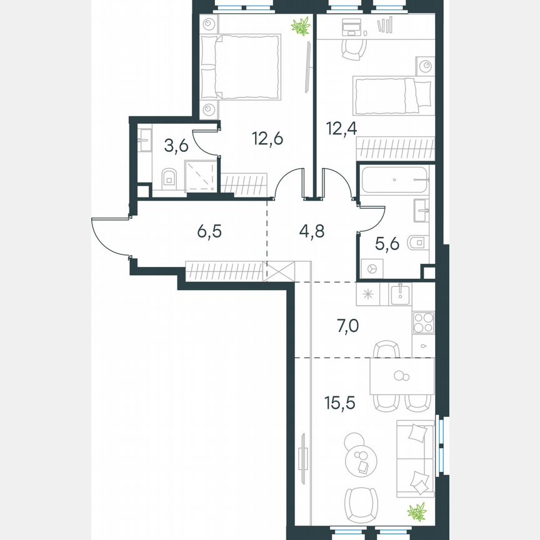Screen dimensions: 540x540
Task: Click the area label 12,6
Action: [267, 138]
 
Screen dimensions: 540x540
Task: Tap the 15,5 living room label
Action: [341, 403]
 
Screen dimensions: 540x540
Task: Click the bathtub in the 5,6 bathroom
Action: [394, 180]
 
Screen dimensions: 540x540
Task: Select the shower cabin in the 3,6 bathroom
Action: [201, 175]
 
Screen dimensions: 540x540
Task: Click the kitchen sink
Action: [399, 293]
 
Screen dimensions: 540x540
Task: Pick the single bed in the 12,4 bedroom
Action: [392, 94]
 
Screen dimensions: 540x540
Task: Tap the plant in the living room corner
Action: [416, 512]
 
